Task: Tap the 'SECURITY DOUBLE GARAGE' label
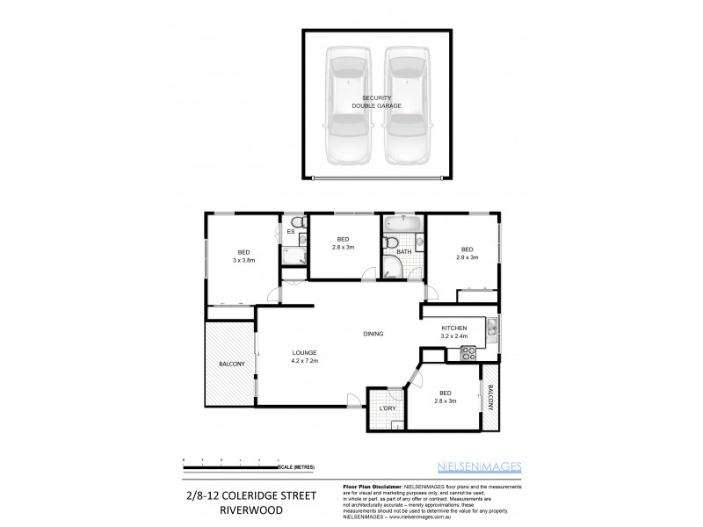tap(377, 102)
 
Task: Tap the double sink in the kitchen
tap(493, 330)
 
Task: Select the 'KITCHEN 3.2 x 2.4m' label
tap(453, 332)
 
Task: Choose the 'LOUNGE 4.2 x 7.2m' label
tap(304, 357)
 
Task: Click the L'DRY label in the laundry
tap(386, 408)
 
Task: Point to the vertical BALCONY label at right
tap(490, 402)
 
